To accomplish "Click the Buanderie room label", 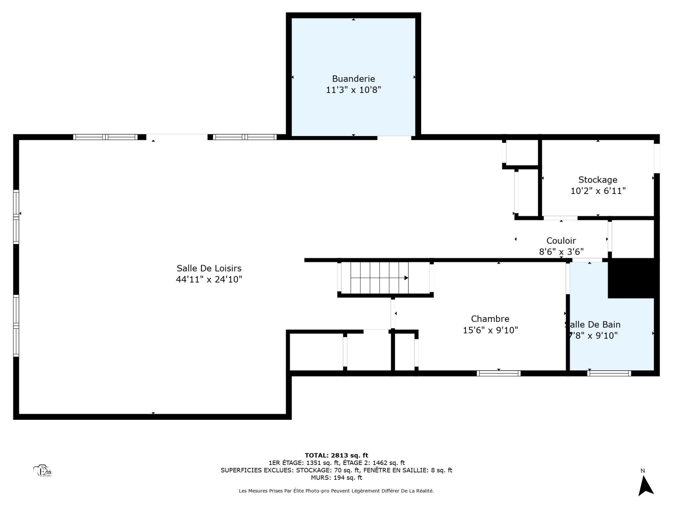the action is (x=353, y=79).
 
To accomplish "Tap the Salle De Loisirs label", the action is (x=209, y=268).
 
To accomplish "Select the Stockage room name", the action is (x=598, y=180).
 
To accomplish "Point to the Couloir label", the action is (x=561, y=241).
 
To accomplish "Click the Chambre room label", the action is (x=490, y=319).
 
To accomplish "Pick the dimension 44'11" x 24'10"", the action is (x=209, y=280).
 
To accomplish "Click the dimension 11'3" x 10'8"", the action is (x=353, y=90).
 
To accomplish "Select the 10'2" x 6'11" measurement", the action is (x=598, y=191).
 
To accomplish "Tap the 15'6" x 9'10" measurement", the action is (x=490, y=330).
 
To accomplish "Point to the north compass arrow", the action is (x=646, y=486).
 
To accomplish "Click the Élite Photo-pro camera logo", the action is (x=42, y=471).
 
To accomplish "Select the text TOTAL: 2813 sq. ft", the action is (x=336, y=456).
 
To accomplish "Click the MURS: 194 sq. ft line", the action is (x=336, y=478).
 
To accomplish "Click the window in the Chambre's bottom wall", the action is (x=498, y=373).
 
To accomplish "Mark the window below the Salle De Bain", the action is (x=609, y=373).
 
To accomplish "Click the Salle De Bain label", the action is (x=592, y=324).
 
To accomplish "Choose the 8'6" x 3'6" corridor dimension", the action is (x=561, y=252).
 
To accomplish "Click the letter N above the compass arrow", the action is (x=643, y=471).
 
